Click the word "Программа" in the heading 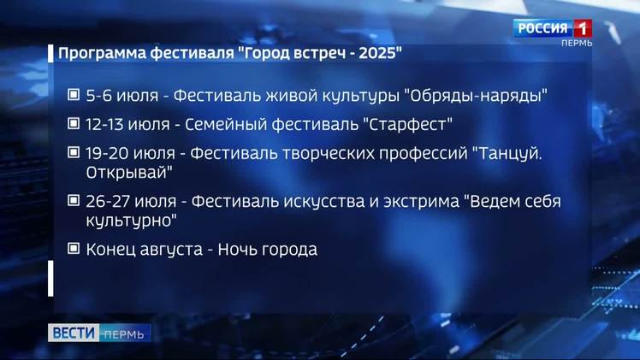click(x=102, y=54)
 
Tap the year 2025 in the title click(x=377, y=53)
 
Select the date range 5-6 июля click(x=122, y=96)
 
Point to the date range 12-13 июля click(x=127, y=124)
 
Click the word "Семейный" click(x=225, y=124)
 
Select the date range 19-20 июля click(x=130, y=154)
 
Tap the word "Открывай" click(x=129, y=173)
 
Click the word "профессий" click(x=424, y=154)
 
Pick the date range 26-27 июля click(x=131, y=202)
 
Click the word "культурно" click(x=132, y=221)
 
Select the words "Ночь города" click(x=267, y=250)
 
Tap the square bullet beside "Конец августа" click(x=74, y=248)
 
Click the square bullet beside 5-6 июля click(x=74, y=95)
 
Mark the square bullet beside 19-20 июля click(x=74, y=152)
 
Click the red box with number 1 click(x=583, y=28)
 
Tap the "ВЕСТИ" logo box click(x=74, y=333)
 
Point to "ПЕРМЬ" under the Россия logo click(x=577, y=44)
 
